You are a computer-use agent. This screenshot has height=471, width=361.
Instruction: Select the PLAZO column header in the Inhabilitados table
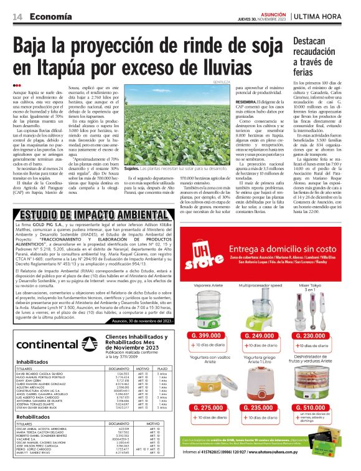[x=163, y=369]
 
